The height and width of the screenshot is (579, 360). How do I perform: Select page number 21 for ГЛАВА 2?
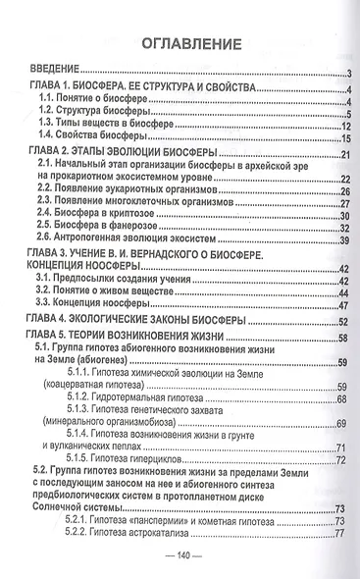(x=345, y=156)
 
